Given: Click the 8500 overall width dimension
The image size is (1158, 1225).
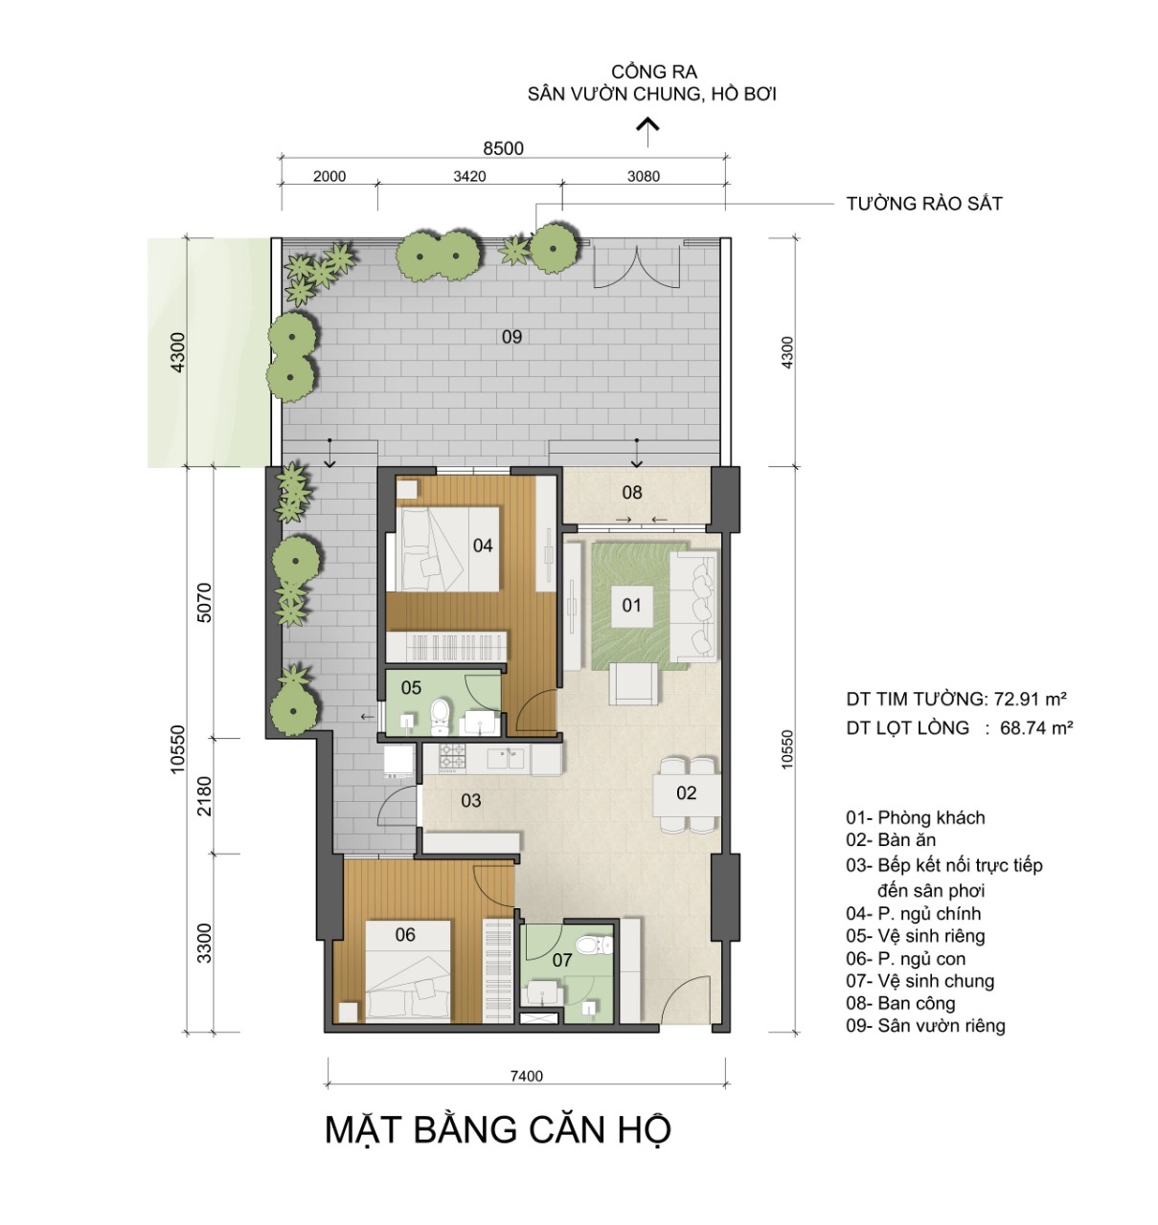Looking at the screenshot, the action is (x=504, y=148).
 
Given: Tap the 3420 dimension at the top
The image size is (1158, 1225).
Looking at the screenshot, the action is (x=469, y=176).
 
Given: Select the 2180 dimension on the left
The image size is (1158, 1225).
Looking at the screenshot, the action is (x=204, y=795).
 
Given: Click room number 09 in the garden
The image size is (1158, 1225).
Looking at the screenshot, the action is (x=512, y=337).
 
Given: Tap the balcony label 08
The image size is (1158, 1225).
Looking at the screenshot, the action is (x=632, y=492).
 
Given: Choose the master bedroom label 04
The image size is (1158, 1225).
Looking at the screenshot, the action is (x=483, y=546).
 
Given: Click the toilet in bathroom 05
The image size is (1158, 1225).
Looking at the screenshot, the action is (x=441, y=717).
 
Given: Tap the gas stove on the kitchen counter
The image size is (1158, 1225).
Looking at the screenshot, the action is (x=452, y=758).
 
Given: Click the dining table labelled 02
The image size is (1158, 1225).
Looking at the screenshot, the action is (x=687, y=793).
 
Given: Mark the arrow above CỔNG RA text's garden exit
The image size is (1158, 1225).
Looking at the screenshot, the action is (x=647, y=132).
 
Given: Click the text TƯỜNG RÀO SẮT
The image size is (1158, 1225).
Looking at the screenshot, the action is (x=924, y=204).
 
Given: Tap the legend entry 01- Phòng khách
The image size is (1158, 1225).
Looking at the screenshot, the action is (x=916, y=818).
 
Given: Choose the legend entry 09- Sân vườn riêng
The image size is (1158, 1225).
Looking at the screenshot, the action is (x=926, y=1026).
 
